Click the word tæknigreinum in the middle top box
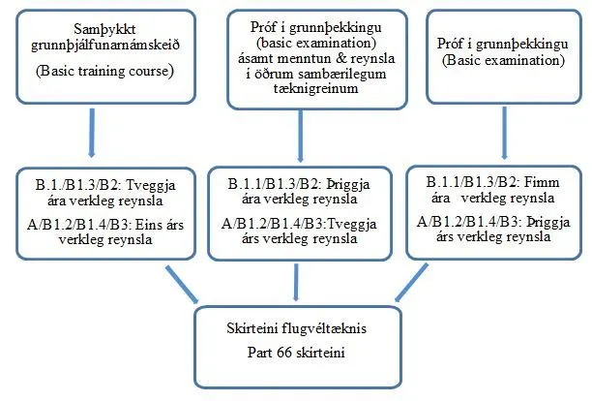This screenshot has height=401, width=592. click(303, 89)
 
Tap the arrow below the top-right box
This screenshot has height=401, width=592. click(504, 135)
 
